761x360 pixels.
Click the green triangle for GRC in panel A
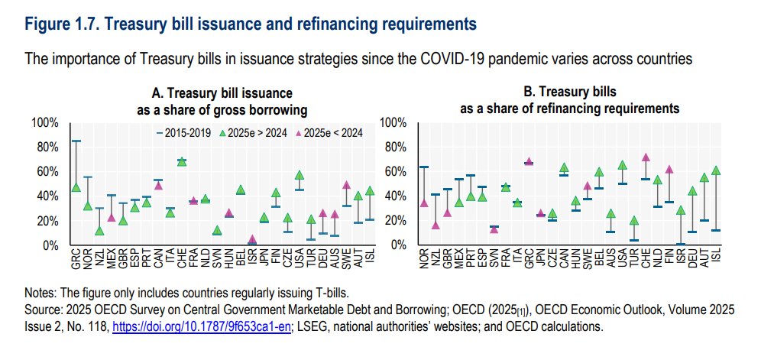pyautogui.click(x=76, y=187)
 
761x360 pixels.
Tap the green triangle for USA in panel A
pyautogui.click(x=300, y=175)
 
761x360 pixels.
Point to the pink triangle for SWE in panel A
pyautogui.click(x=346, y=185)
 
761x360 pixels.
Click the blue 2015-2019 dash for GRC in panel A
pyautogui.click(x=76, y=141)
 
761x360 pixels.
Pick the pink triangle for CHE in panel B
pyautogui.click(x=646, y=157)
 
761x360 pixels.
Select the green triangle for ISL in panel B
pyautogui.click(x=716, y=170)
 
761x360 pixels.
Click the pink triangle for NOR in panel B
pyautogui.click(x=424, y=203)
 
